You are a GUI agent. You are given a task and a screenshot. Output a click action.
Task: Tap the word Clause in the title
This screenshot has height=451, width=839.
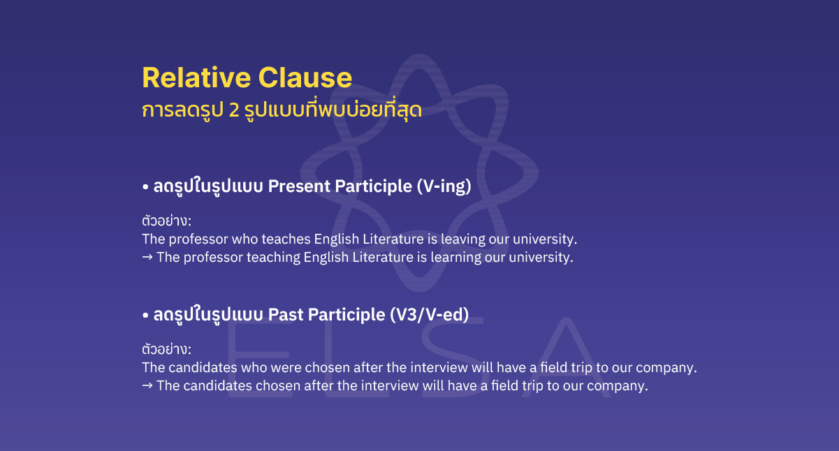(x=305, y=77)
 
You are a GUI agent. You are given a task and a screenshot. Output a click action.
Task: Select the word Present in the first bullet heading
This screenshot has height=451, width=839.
(x=299, y=186)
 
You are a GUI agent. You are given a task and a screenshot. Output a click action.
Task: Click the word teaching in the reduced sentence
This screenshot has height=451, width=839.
(x=272, y=258)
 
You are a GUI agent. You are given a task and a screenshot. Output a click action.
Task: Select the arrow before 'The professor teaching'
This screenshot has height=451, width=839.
(x=147, y=258)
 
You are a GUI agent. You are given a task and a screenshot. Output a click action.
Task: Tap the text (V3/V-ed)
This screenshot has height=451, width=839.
(x=428, y=315)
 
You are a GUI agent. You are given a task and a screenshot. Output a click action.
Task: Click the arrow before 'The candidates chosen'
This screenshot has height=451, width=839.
(x=147, y=385)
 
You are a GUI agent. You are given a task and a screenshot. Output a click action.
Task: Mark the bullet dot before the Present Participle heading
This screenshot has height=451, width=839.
(x=145, y=188)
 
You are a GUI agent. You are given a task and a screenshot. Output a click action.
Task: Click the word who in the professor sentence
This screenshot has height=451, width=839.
(x=246, y=239)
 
